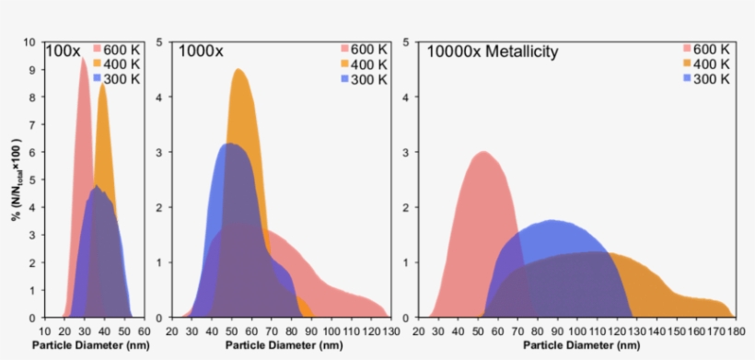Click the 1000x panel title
[x=201, y=52]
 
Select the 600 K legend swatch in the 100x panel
[x=98, y=49]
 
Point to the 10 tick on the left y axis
[x=29, y=42]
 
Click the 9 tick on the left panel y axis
[x=32, y=70]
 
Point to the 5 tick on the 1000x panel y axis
[x=162, y=42]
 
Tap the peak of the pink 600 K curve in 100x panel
[x=83, y=58]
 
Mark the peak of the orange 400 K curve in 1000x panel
[x=238, y=70]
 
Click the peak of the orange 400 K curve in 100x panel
[x=102, y=85]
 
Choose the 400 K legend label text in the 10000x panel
[x=712, y=64]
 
